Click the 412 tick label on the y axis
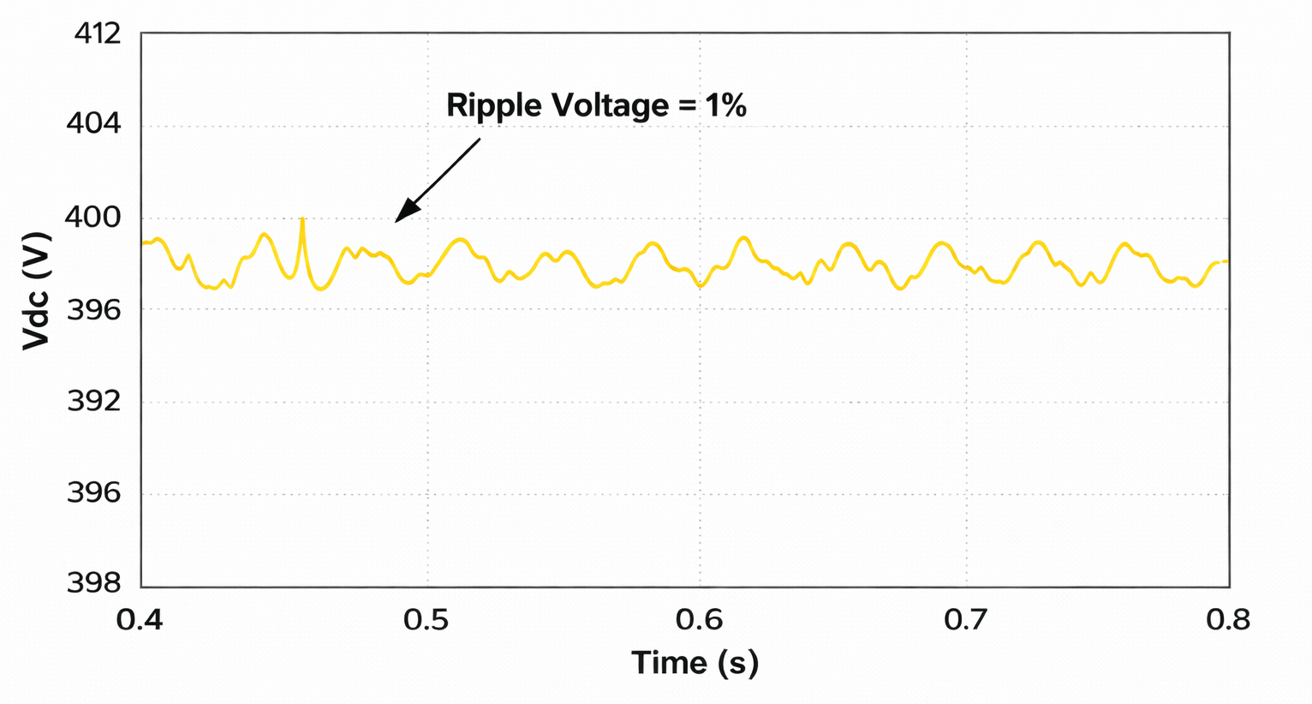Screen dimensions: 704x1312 98,34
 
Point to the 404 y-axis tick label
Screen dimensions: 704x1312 93,125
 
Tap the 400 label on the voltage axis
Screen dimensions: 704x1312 93,218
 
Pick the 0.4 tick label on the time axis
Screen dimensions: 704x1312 140,619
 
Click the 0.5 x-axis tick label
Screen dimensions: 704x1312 426,619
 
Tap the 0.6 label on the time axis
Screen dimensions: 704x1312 699,619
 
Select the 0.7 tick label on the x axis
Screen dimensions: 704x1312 967,619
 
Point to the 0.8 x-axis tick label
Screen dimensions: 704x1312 1227,619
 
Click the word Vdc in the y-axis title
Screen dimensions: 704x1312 35,316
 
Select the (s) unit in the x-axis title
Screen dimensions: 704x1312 739,663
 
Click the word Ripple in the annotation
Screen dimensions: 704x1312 494,105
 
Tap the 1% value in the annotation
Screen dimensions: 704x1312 725,105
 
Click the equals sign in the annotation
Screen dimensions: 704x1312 687,106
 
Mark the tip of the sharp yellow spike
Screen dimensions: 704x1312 302,219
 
